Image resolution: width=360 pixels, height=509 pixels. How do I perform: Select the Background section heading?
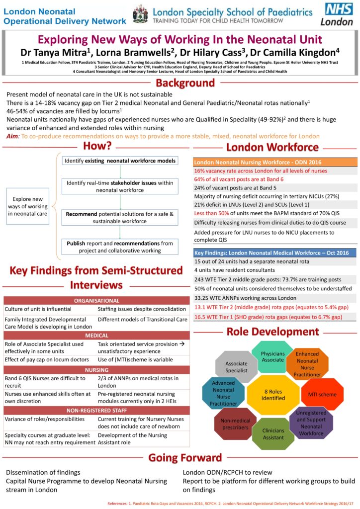185,83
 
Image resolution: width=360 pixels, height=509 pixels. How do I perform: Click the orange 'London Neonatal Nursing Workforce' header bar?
274,162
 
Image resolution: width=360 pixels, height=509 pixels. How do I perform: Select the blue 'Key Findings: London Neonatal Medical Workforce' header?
274,253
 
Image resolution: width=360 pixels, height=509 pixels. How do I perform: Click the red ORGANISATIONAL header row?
96,300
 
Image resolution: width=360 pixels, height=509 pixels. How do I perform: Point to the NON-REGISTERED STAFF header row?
96,410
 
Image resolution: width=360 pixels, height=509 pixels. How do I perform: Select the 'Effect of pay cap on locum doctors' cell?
48,358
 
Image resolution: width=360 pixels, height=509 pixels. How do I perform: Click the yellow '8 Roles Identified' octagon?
273,394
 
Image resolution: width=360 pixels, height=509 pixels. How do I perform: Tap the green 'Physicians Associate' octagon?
273,356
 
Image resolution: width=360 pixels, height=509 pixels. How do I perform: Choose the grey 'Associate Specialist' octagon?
236,367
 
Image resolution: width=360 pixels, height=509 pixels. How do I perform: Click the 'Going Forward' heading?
185,457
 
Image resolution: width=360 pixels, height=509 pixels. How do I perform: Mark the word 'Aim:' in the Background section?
13,136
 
